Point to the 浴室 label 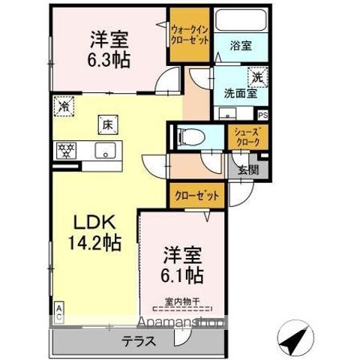241,45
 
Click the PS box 262,115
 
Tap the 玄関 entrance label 248,169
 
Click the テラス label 139,340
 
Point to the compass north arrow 295,337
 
